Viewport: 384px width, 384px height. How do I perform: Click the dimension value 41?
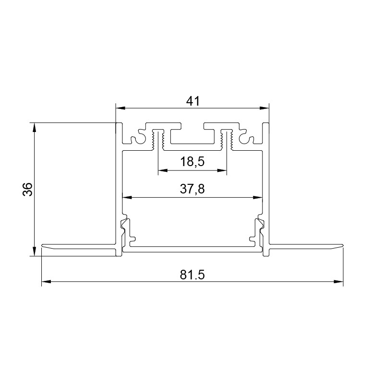(192, 101)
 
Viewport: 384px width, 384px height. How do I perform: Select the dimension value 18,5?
(192, 162)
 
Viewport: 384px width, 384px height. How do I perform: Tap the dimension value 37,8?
(192, 189)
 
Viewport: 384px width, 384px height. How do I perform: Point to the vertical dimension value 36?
(27, 189)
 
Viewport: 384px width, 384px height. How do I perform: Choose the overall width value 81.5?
(192, 275)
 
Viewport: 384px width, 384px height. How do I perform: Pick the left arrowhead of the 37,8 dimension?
(127, 197)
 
